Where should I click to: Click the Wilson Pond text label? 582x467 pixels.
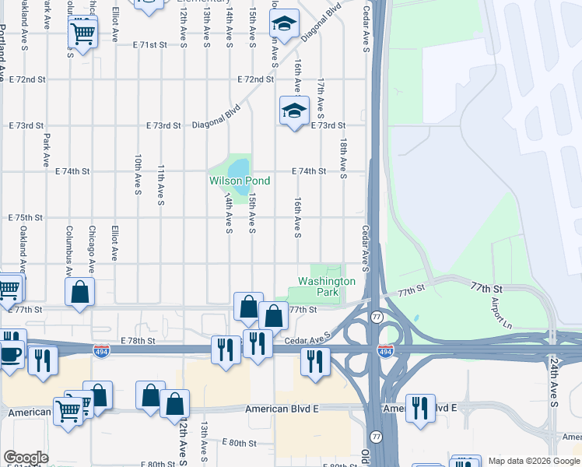pos(240,181)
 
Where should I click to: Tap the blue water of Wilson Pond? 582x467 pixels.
pos(239,167)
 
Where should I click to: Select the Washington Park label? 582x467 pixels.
pos(327,286)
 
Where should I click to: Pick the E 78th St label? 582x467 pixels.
pos(138,341)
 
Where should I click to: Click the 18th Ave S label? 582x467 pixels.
pos(343,159)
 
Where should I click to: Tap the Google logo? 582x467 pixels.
pos(26,458)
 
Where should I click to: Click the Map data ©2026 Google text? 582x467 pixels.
pos(533,461)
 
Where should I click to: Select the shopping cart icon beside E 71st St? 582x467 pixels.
pos(82,33)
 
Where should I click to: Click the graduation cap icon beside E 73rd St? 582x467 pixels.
pos(294,111)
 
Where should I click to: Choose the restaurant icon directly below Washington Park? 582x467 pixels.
pos(315,361)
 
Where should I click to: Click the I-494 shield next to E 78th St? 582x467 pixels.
pos(101,351)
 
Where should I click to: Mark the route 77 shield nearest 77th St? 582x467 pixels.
pos(377,317)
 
